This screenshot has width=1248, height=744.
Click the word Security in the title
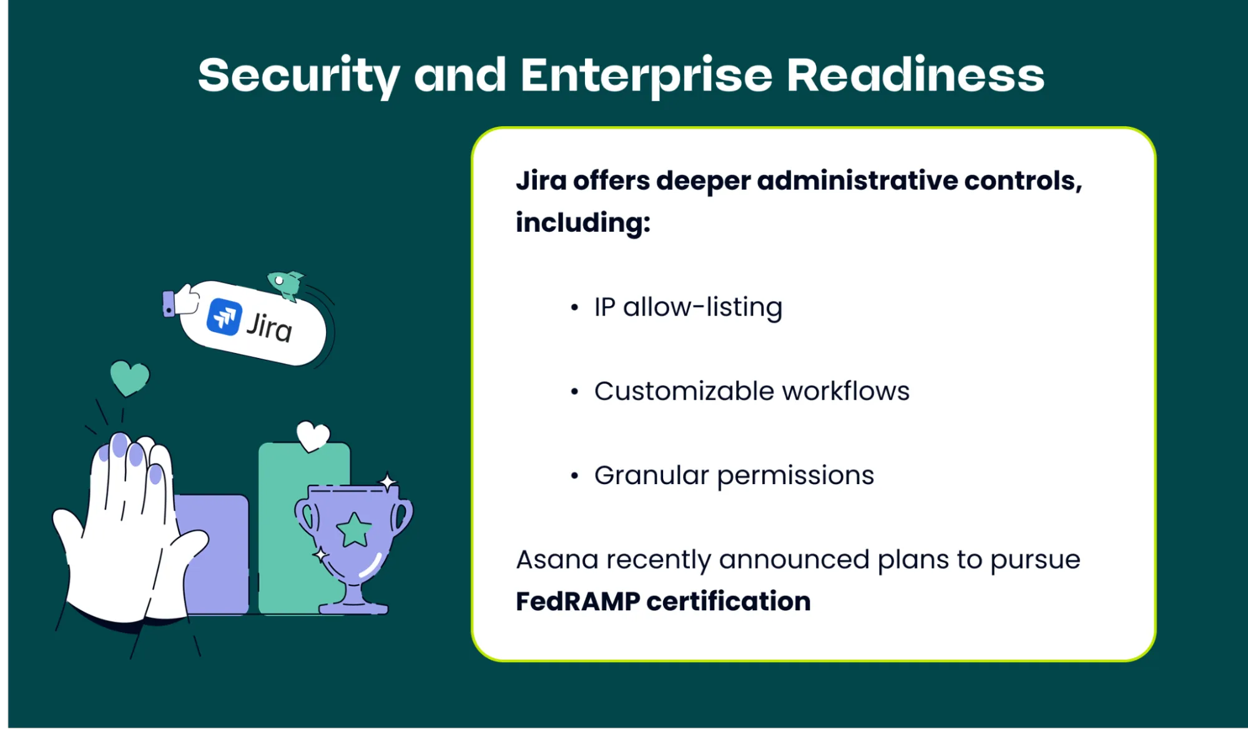[x=298, y=75]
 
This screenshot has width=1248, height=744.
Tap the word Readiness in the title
[x=915, y=75]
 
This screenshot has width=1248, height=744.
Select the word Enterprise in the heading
[x=646, y=75]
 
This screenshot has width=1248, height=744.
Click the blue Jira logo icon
[x=224, y=317]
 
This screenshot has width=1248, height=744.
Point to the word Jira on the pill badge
[x=269, y=327]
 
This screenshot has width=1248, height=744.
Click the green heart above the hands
[x=129, y=377]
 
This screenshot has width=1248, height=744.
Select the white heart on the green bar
[x=313, y=435]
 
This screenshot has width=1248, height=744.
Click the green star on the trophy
[x=354, y=530]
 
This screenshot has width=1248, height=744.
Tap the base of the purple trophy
[x=353, y=607]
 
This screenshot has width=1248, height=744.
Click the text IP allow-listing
[x=688, y=307]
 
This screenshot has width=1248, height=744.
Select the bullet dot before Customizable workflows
[x=574, y=392]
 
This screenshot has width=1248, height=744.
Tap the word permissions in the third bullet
[x=795, y=476]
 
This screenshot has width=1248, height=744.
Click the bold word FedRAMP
[x=577, y=602]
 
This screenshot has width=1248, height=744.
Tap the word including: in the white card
[x=582, y=222]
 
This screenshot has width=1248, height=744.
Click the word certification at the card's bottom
[x=728, y=602]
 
